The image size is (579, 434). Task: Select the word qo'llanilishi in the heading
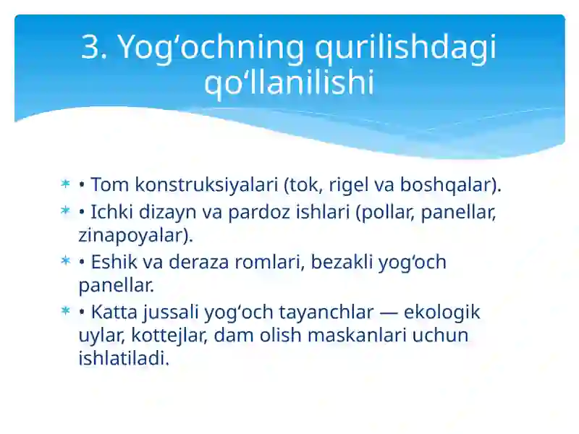tap(289, 82)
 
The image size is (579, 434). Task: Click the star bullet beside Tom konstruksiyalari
tap(65, 184)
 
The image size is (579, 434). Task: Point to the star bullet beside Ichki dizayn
tap(65, 211)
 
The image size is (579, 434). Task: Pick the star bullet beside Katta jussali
tap(65, 311)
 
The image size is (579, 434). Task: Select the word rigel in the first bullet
tap(349, 185)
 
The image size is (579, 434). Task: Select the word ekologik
tap(441, 312)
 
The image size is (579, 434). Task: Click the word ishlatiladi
tap(123, 359)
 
